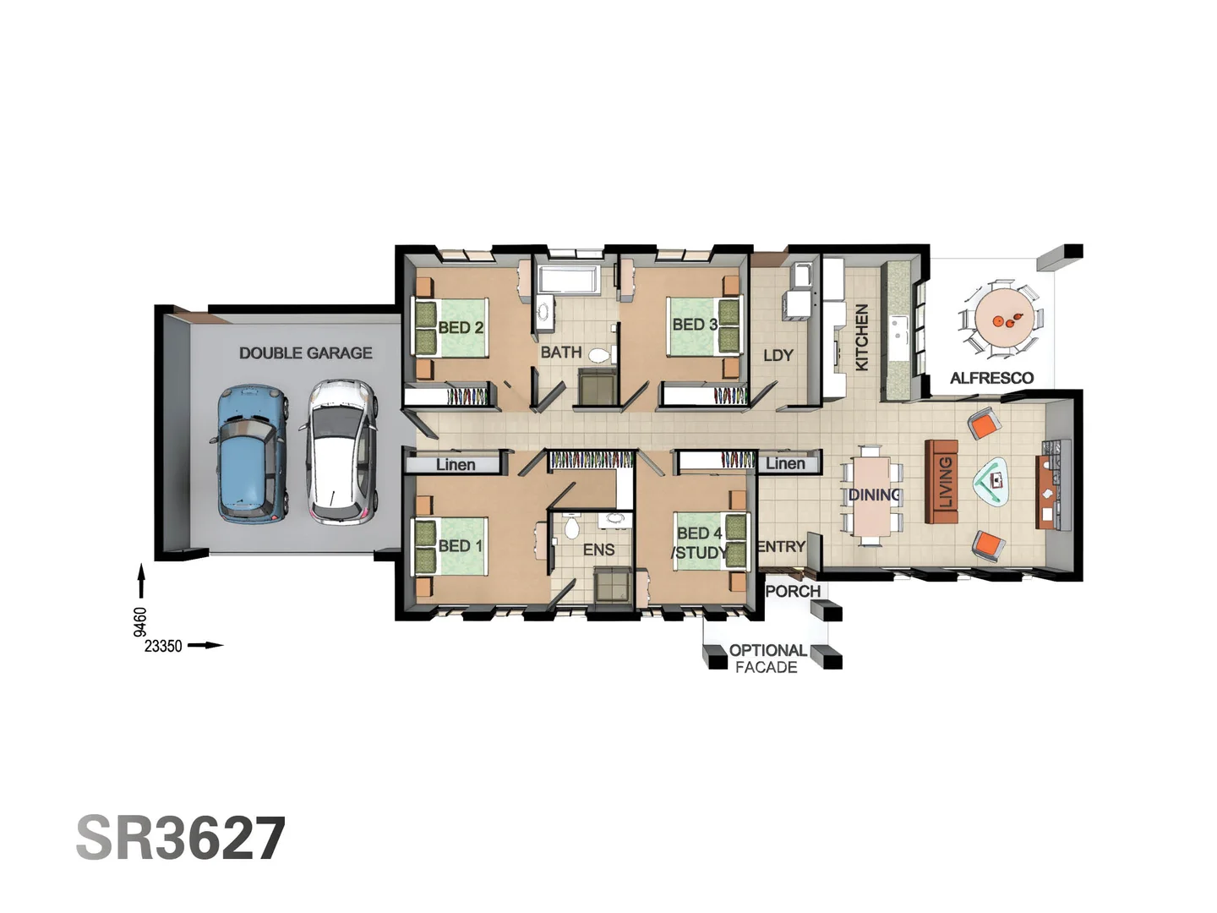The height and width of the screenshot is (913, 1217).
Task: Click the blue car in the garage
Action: click(251, 454)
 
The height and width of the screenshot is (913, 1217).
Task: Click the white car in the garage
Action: click(341, 451)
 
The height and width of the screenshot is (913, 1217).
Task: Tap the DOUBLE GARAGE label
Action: click(305, 353)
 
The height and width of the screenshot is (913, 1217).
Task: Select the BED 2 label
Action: click(461, 327)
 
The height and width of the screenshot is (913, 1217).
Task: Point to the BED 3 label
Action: click(695, 325)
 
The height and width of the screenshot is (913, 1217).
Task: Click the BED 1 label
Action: click(461, 546)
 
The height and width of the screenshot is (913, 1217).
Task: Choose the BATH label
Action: click(561, 352)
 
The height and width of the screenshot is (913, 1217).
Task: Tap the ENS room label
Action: click(598, 550)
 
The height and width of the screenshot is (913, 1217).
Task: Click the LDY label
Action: click(778, 355)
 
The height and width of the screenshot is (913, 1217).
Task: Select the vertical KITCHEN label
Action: click(861, 336)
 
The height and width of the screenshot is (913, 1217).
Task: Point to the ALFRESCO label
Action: click(991, 378)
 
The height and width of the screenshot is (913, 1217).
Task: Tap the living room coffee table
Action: click(994, 481)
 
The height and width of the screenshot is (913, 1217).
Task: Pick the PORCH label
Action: click(793, 591)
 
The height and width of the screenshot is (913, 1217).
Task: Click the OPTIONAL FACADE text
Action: click(767, 659)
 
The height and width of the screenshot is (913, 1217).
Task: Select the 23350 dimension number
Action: click(163, 646)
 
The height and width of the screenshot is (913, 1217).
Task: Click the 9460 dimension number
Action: click(140, 621)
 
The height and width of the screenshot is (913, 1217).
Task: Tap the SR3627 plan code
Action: click(181, 839)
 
